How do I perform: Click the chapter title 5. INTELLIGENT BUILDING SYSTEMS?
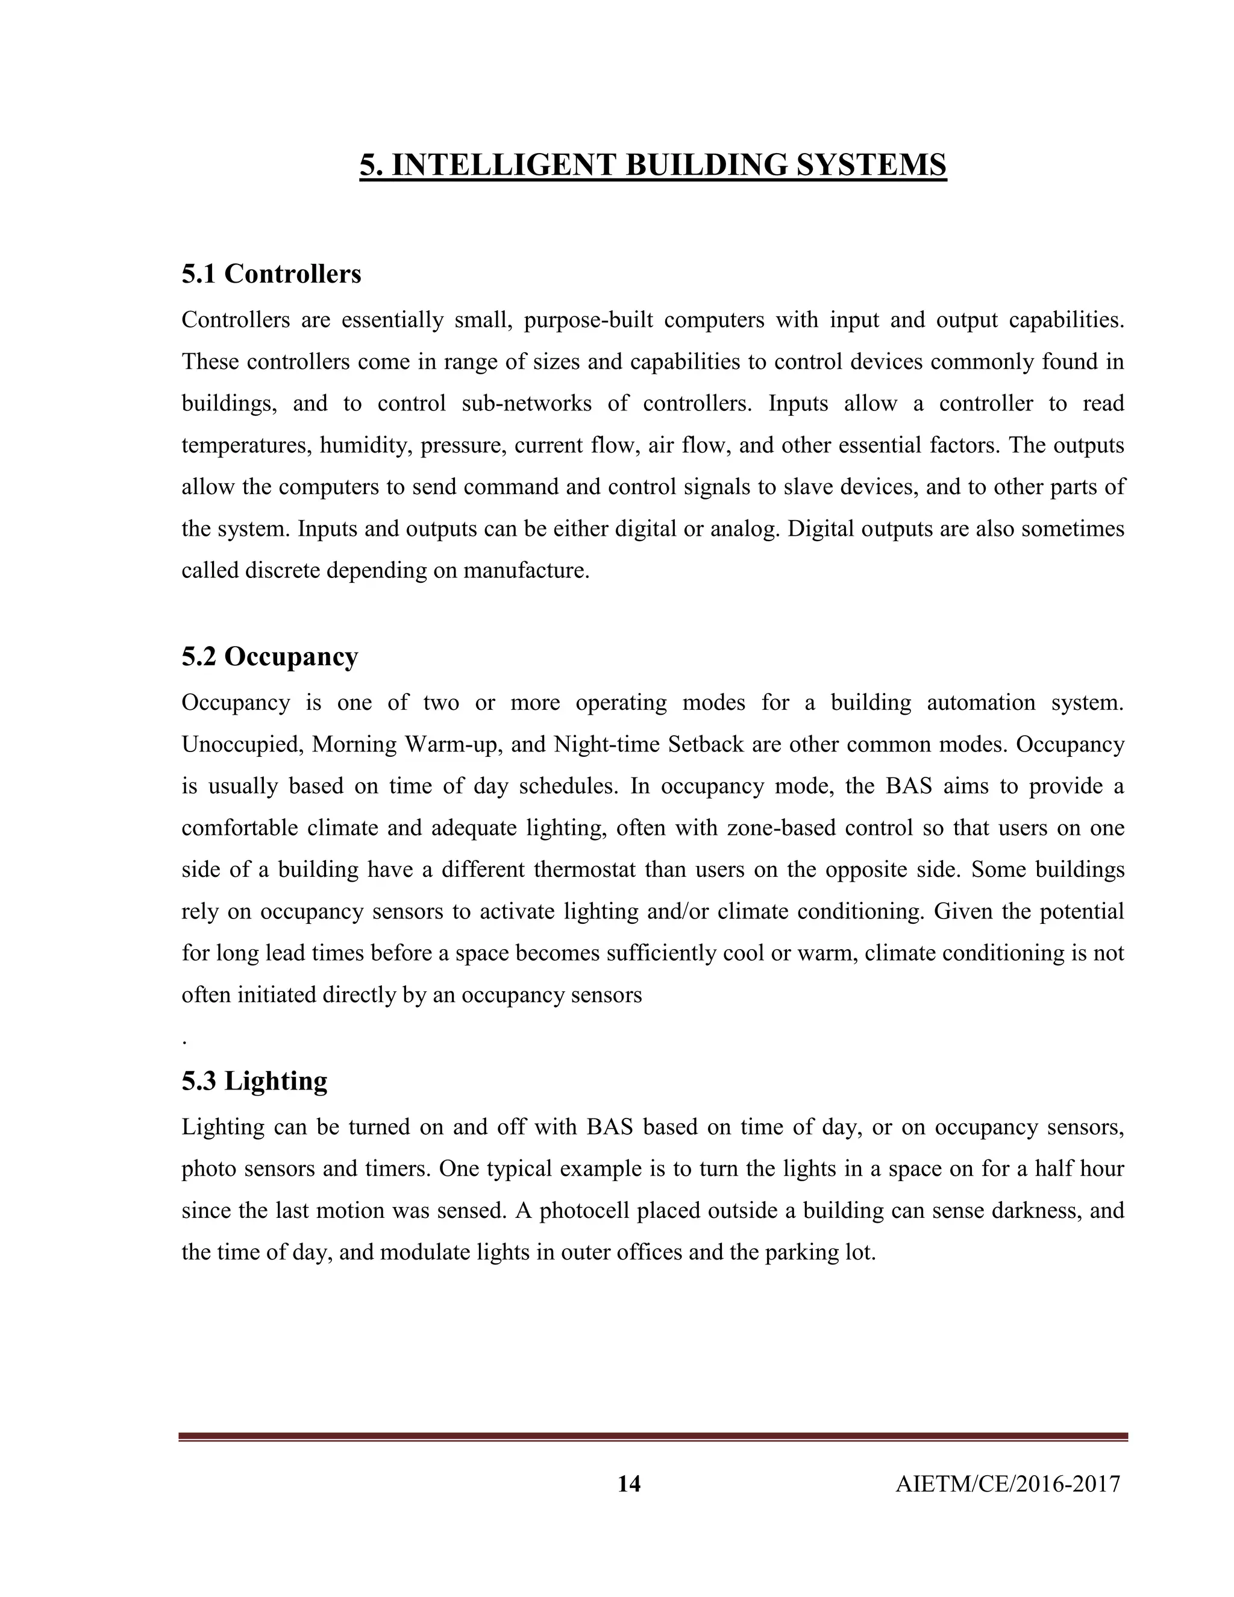tap(653, 165)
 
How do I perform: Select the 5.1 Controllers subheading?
tap(271, 274)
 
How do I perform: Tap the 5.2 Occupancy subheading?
tap(270, 657)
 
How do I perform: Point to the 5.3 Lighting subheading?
tap(254, 1081)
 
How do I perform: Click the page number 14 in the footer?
tap(628, 1484)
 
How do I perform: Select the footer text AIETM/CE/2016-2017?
tap(1007, 1484)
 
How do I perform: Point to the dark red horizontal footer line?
tap(653, 1437)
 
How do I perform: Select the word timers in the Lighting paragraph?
tap(395, 1169)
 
